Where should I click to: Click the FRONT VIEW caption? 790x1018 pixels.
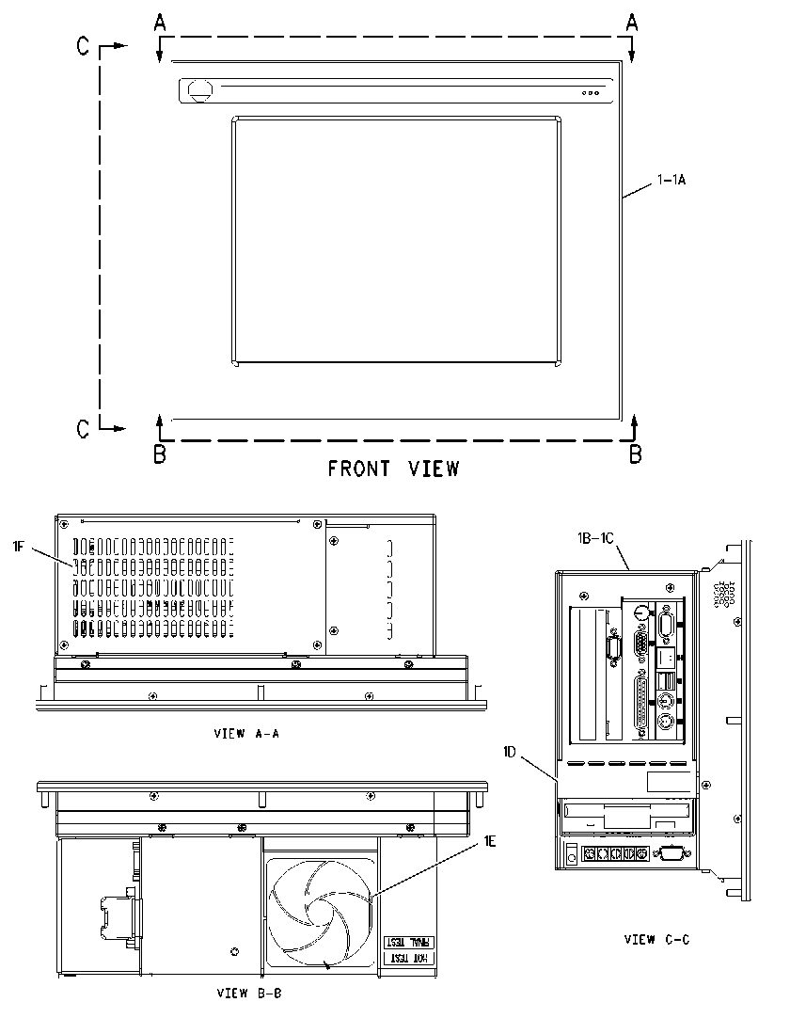(x=393, y=469)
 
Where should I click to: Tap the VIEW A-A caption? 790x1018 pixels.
(x=246, y=734)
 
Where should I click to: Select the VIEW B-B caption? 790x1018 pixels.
(x=249, y=993)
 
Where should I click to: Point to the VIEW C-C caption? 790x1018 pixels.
(x=657, y=939)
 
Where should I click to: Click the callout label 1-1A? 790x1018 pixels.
(x=671, y=179)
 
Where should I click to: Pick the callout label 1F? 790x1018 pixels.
(x=18, y=546)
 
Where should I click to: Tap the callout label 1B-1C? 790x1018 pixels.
(x=595, y=538)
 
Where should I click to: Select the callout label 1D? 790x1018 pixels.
(x=510, y=752)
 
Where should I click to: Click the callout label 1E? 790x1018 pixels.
(x=489, y=841)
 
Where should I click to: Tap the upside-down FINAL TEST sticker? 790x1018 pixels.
(x=410, y=942)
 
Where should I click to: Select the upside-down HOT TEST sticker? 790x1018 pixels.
(x=410, y=958)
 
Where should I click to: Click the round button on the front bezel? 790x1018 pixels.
(x=199, y=89)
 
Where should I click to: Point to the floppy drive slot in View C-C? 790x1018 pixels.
(x=626, y=810)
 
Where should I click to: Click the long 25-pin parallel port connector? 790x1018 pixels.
(x=640, y=704)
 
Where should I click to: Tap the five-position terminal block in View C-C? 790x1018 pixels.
(x=615, y=853)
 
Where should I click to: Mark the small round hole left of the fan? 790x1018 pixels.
(x=234, y=952)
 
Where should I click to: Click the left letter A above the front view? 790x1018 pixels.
(x=160, y=23)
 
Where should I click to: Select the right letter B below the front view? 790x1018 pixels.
(x=636, y=454)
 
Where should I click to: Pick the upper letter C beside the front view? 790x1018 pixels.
(x=83, y=45)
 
